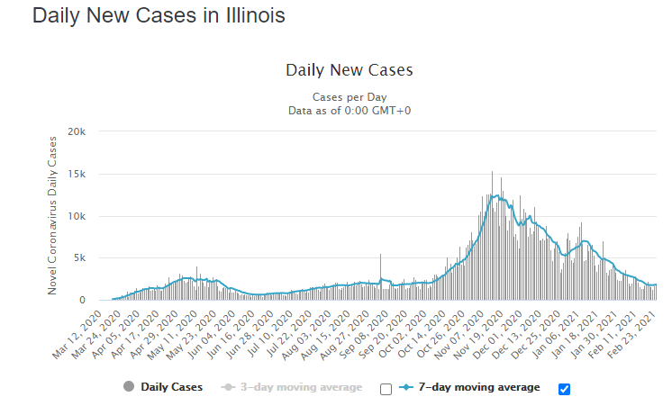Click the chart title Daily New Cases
(349, 70)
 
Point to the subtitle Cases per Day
(349, 97)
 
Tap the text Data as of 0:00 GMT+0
(349, 110)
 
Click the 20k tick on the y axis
(77, 131)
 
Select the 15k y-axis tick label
(77, 174)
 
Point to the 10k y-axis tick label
(77, 216)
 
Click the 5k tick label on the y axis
(80, 258)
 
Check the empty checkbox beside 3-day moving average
(386, 389)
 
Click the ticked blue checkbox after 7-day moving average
(565, 389)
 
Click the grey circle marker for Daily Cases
(129, 388)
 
